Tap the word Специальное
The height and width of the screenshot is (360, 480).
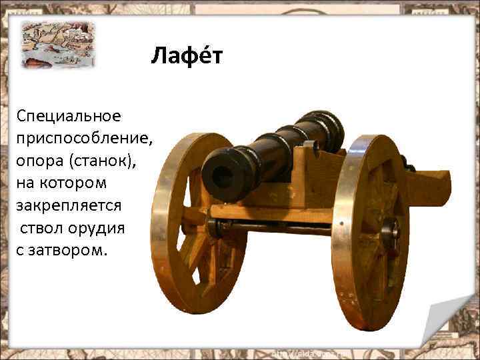click(69, 117)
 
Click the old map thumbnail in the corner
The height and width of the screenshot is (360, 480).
click(57, 44)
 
